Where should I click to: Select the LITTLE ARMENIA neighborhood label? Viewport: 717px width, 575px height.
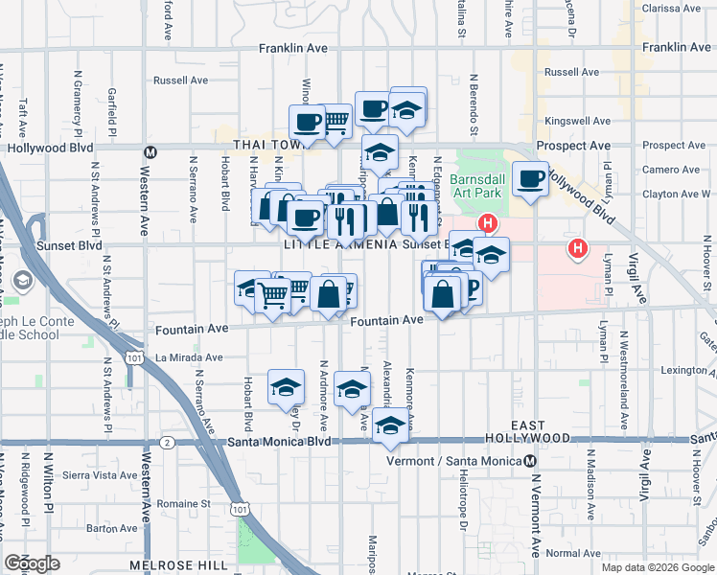click(340, 244)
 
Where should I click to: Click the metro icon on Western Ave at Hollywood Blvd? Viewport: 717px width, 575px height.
click(150, 152)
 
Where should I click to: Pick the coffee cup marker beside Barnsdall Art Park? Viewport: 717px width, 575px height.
click(529, 177)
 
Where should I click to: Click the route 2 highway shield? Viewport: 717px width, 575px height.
click(168, 442)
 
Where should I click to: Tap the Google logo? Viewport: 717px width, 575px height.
click(33, 563)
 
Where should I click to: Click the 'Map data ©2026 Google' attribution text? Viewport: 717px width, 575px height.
click(658, 567)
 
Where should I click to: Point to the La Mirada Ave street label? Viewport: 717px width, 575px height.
click(189, 356)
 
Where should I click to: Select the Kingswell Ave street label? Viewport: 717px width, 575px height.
click(571, 122)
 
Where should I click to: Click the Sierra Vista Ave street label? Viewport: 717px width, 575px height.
click(100, 474)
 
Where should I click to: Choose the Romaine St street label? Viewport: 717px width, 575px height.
click(184, 502)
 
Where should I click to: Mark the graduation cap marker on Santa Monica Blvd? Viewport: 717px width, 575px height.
click(390, 425)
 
